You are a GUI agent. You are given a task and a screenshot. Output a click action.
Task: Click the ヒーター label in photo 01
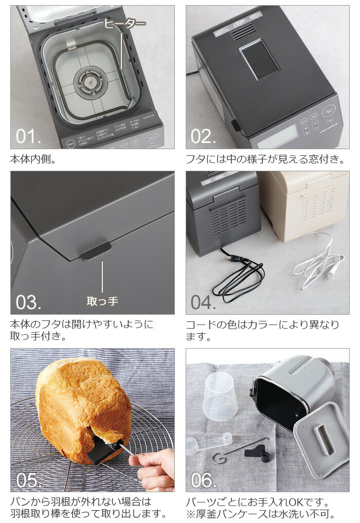tap(124, 23)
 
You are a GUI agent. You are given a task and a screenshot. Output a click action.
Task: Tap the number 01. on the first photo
tap(28, 137)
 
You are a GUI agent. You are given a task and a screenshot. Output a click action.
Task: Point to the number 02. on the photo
tap(203, 137)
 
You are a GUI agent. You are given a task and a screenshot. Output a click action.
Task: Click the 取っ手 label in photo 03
tap(102, 301)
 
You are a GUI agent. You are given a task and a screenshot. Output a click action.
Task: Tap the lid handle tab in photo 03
tap(95, 250)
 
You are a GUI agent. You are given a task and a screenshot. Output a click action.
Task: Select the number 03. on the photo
tap(28, 302)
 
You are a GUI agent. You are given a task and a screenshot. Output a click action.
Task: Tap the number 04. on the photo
tap(203, 302)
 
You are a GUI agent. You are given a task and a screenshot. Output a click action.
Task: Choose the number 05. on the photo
tap(28, 480)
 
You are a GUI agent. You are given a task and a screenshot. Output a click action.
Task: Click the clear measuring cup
tap(221, 396)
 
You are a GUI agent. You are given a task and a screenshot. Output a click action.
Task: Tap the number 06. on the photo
tap(203, 480)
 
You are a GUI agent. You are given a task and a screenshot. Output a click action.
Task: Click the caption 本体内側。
tap(33, 159)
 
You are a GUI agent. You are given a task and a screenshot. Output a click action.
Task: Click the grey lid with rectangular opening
tap(319, 437)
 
